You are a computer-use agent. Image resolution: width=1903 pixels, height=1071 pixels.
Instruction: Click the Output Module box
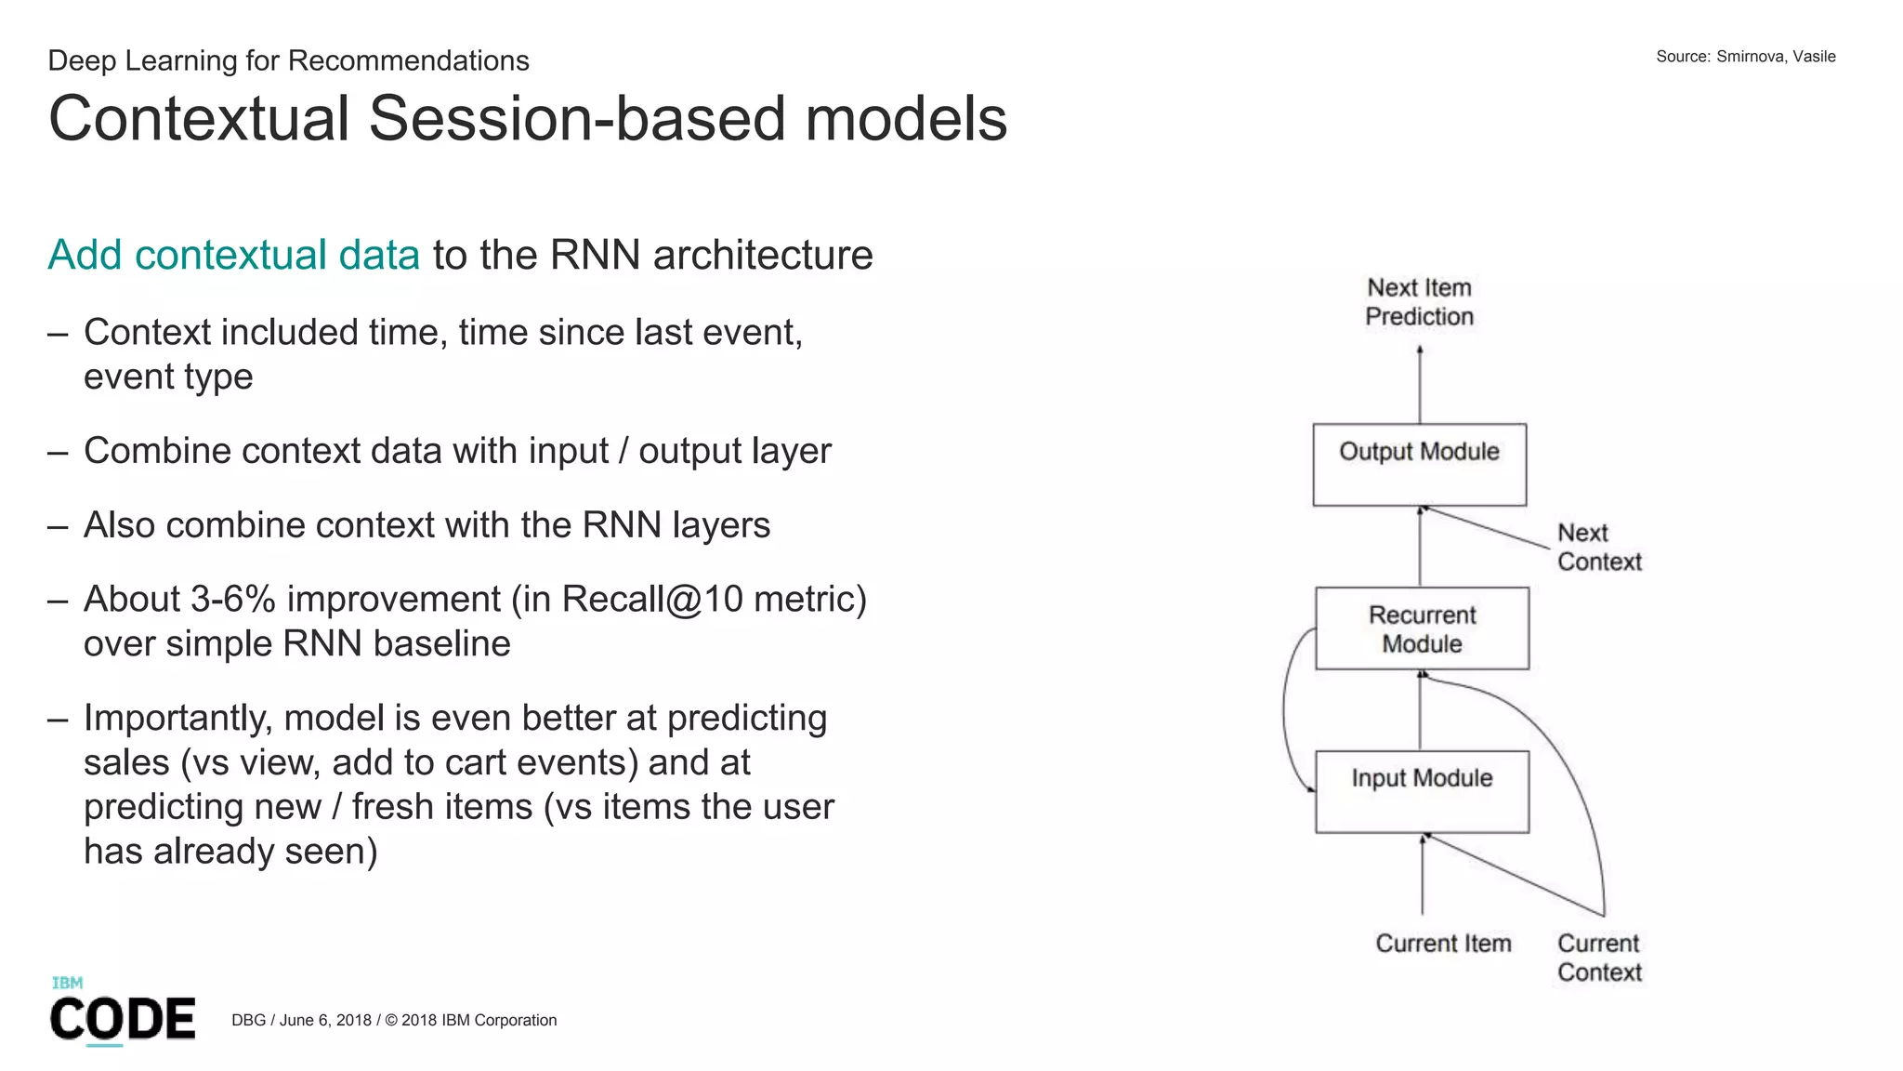click(x=1419, y=464)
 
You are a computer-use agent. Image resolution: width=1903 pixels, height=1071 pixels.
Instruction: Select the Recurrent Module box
click(x=1422, y=628)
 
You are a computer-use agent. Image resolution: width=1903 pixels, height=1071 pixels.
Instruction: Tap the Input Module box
click(x=1422, y=791)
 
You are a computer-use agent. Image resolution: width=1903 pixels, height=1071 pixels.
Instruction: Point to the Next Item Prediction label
click(x=1419, y=302)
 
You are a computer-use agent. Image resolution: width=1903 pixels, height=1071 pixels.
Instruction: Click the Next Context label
click(x=1598, y=547)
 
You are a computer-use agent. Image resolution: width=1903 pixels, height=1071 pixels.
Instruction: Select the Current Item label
click(x=1443, y=943)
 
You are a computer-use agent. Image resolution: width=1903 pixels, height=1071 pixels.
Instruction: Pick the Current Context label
click(x=1598, y=957)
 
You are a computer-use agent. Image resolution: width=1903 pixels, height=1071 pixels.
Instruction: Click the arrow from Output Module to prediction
click(x=1419, y=385)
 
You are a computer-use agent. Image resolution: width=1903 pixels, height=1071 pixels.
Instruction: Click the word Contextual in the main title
click(x=198, y=119)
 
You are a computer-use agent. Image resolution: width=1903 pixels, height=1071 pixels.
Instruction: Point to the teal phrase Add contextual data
click(x=233, y=255)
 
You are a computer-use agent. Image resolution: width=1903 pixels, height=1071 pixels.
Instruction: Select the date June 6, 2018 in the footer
click(x=325, y=1020)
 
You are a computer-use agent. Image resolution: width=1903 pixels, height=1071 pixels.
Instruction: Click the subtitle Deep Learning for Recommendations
click(x=288, y=60)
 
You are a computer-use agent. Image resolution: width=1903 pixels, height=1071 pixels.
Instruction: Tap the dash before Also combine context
click(x=58, y=526)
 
